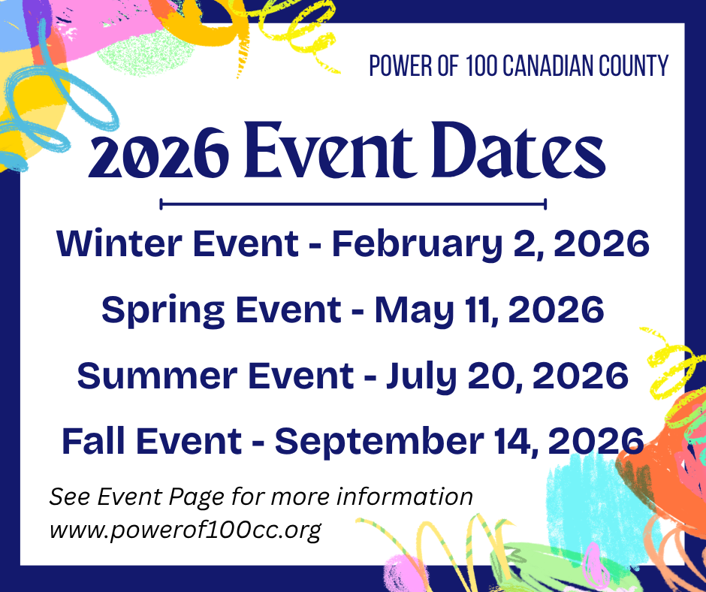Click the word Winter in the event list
coord(119,243)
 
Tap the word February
coord(417,244)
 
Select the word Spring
coord(163,310)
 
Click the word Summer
coord(157,376)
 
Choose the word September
coord(379,442)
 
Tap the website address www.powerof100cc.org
coord(185,530)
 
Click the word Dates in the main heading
coord(518,150)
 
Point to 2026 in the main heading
coord(158,153)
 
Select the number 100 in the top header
coord(481,66)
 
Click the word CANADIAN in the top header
coord(548,66)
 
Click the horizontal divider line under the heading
coord(353,204)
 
